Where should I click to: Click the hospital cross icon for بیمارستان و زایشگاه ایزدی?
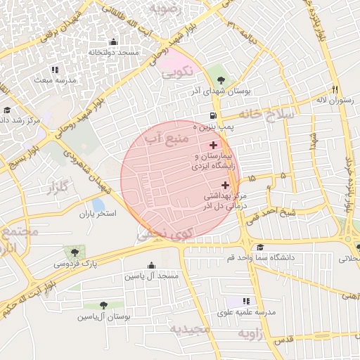tap(214, 145)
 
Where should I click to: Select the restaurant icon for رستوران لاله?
tap(335, 89)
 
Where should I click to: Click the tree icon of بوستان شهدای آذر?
tap(221, 79)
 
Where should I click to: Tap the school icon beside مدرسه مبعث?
tap(55, 70)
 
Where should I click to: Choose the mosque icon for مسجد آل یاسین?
tap(152, 265)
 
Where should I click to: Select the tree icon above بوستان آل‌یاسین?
tap(103, 305)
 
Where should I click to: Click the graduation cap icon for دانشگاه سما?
tap(261, 247)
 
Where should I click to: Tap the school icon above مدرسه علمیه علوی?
tap(246, 300)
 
